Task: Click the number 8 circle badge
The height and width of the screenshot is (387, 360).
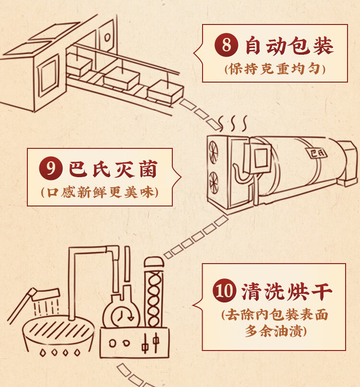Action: (226, 45)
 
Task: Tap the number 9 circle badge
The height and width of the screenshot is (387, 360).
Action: (50, 168)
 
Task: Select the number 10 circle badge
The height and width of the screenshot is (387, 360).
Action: (224, 290)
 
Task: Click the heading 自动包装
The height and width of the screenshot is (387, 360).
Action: (289, 45)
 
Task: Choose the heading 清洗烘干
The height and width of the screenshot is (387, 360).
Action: (287, 291)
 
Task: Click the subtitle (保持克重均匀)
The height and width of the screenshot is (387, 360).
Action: (275, 69)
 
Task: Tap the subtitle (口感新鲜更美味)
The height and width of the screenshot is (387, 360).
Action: (100, 192)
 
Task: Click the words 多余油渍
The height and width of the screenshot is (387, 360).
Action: (274, 331)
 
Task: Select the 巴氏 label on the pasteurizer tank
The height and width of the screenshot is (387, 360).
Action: (317, 153)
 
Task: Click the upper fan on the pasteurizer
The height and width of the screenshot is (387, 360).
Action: (212, 152)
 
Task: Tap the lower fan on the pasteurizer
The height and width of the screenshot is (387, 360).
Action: (213, 182)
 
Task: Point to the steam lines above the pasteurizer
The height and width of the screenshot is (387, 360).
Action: (233, 123)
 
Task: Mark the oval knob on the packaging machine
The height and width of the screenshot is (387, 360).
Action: (107, 37)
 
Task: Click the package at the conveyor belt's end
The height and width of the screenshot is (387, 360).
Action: (165, 91)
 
